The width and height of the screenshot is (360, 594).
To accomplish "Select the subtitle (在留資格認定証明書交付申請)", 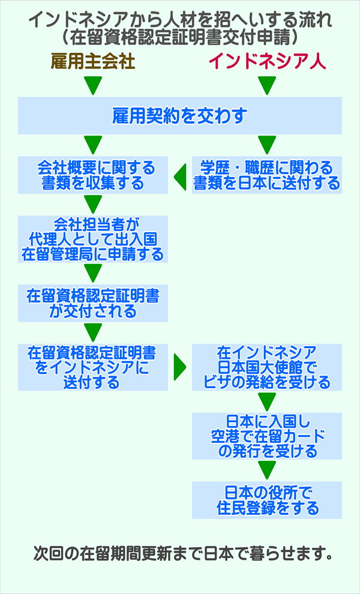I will point(180,37).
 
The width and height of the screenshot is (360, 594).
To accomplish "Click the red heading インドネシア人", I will point(267,62).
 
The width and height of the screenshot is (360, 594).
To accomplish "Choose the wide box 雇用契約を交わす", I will point(180,116).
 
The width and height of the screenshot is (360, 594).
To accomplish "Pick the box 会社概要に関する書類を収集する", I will point(92,175).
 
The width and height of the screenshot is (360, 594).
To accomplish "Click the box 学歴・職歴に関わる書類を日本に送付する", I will point(267,175).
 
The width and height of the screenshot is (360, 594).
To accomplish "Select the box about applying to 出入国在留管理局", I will point(92,239).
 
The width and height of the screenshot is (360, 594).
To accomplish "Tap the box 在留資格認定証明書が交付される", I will point(92,304).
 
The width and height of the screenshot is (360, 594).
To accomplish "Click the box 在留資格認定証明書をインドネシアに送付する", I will point(92,367).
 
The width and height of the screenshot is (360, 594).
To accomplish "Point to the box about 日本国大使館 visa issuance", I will point(267,367).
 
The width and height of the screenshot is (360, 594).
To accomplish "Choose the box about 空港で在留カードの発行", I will point(267,435).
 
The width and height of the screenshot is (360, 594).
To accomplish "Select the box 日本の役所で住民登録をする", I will point(267,500).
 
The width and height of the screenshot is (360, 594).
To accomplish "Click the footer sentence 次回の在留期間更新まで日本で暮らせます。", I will point(180,553).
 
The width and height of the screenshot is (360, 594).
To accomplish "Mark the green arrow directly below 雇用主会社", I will point(92,86).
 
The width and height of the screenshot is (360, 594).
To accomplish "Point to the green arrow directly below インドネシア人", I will point(267,86).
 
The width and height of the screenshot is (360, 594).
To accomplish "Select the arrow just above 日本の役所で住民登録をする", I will point(267,469).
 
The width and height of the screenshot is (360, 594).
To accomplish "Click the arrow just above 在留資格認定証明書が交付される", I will point(92,274).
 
